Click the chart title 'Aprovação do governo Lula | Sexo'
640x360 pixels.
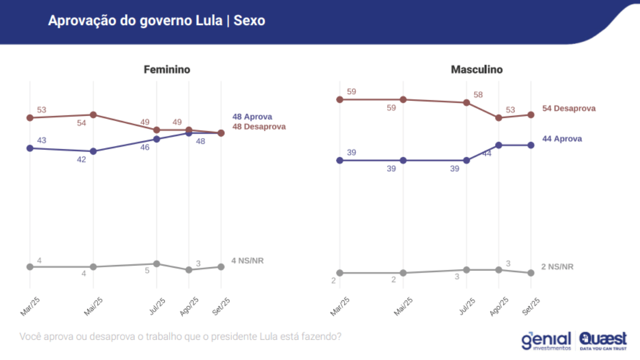coord(156,21)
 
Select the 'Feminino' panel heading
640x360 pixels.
coord(167,70)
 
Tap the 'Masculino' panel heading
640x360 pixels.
coord(476,70)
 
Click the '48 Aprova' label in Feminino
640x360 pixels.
coord(252,117)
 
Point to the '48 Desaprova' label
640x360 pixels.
coord(259,127)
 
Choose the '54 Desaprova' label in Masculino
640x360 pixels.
coord(569,108)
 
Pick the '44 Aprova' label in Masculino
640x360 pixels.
coord(562,139)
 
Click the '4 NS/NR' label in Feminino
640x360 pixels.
coord(248,261)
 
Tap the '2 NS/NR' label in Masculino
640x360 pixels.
coord(557,267)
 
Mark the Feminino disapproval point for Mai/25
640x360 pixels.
coord(93,115)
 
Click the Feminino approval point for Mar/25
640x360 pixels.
coord(30,148)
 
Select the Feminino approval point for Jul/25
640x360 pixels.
coord(157,139)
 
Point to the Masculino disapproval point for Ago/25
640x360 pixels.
coord(499,118)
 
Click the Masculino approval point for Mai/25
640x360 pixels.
coord(403,161)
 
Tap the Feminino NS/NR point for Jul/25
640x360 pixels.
coord(157,264)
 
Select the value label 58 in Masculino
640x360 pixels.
coord(478,95)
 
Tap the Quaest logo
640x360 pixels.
coord(603,340)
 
